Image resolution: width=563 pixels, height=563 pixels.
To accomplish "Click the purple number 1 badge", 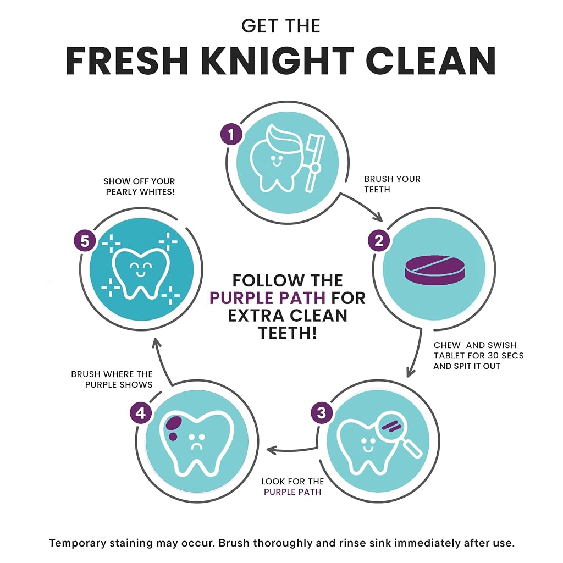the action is (x=231, y=134).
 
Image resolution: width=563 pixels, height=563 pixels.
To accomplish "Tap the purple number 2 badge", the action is (x=379, y=241).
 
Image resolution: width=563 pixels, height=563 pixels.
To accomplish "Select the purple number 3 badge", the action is (x=322, y=412).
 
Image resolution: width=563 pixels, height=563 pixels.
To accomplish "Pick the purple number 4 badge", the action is (x=141, y=413).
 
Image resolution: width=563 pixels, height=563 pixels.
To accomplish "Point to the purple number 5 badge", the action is (x=85, y=241).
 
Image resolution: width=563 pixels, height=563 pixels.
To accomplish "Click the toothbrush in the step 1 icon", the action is (x=314, y=162).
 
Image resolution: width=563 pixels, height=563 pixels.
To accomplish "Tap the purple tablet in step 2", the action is (x=434, y=271).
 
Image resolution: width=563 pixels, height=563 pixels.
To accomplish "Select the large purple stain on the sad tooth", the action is (x=174, y=423).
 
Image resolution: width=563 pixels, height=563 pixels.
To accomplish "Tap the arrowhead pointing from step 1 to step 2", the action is (x=378, y=217).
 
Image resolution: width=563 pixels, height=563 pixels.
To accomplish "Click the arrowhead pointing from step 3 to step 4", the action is (x=272, y=450).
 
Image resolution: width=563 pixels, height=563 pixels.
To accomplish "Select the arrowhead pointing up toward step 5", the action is (x=157, y=343).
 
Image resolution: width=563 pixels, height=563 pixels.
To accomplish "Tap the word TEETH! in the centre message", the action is (x=288, y=333).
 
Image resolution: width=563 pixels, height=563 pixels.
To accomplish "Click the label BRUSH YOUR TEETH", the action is (x=392, y=184).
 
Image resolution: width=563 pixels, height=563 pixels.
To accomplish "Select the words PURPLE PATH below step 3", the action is (x=292, y=492).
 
